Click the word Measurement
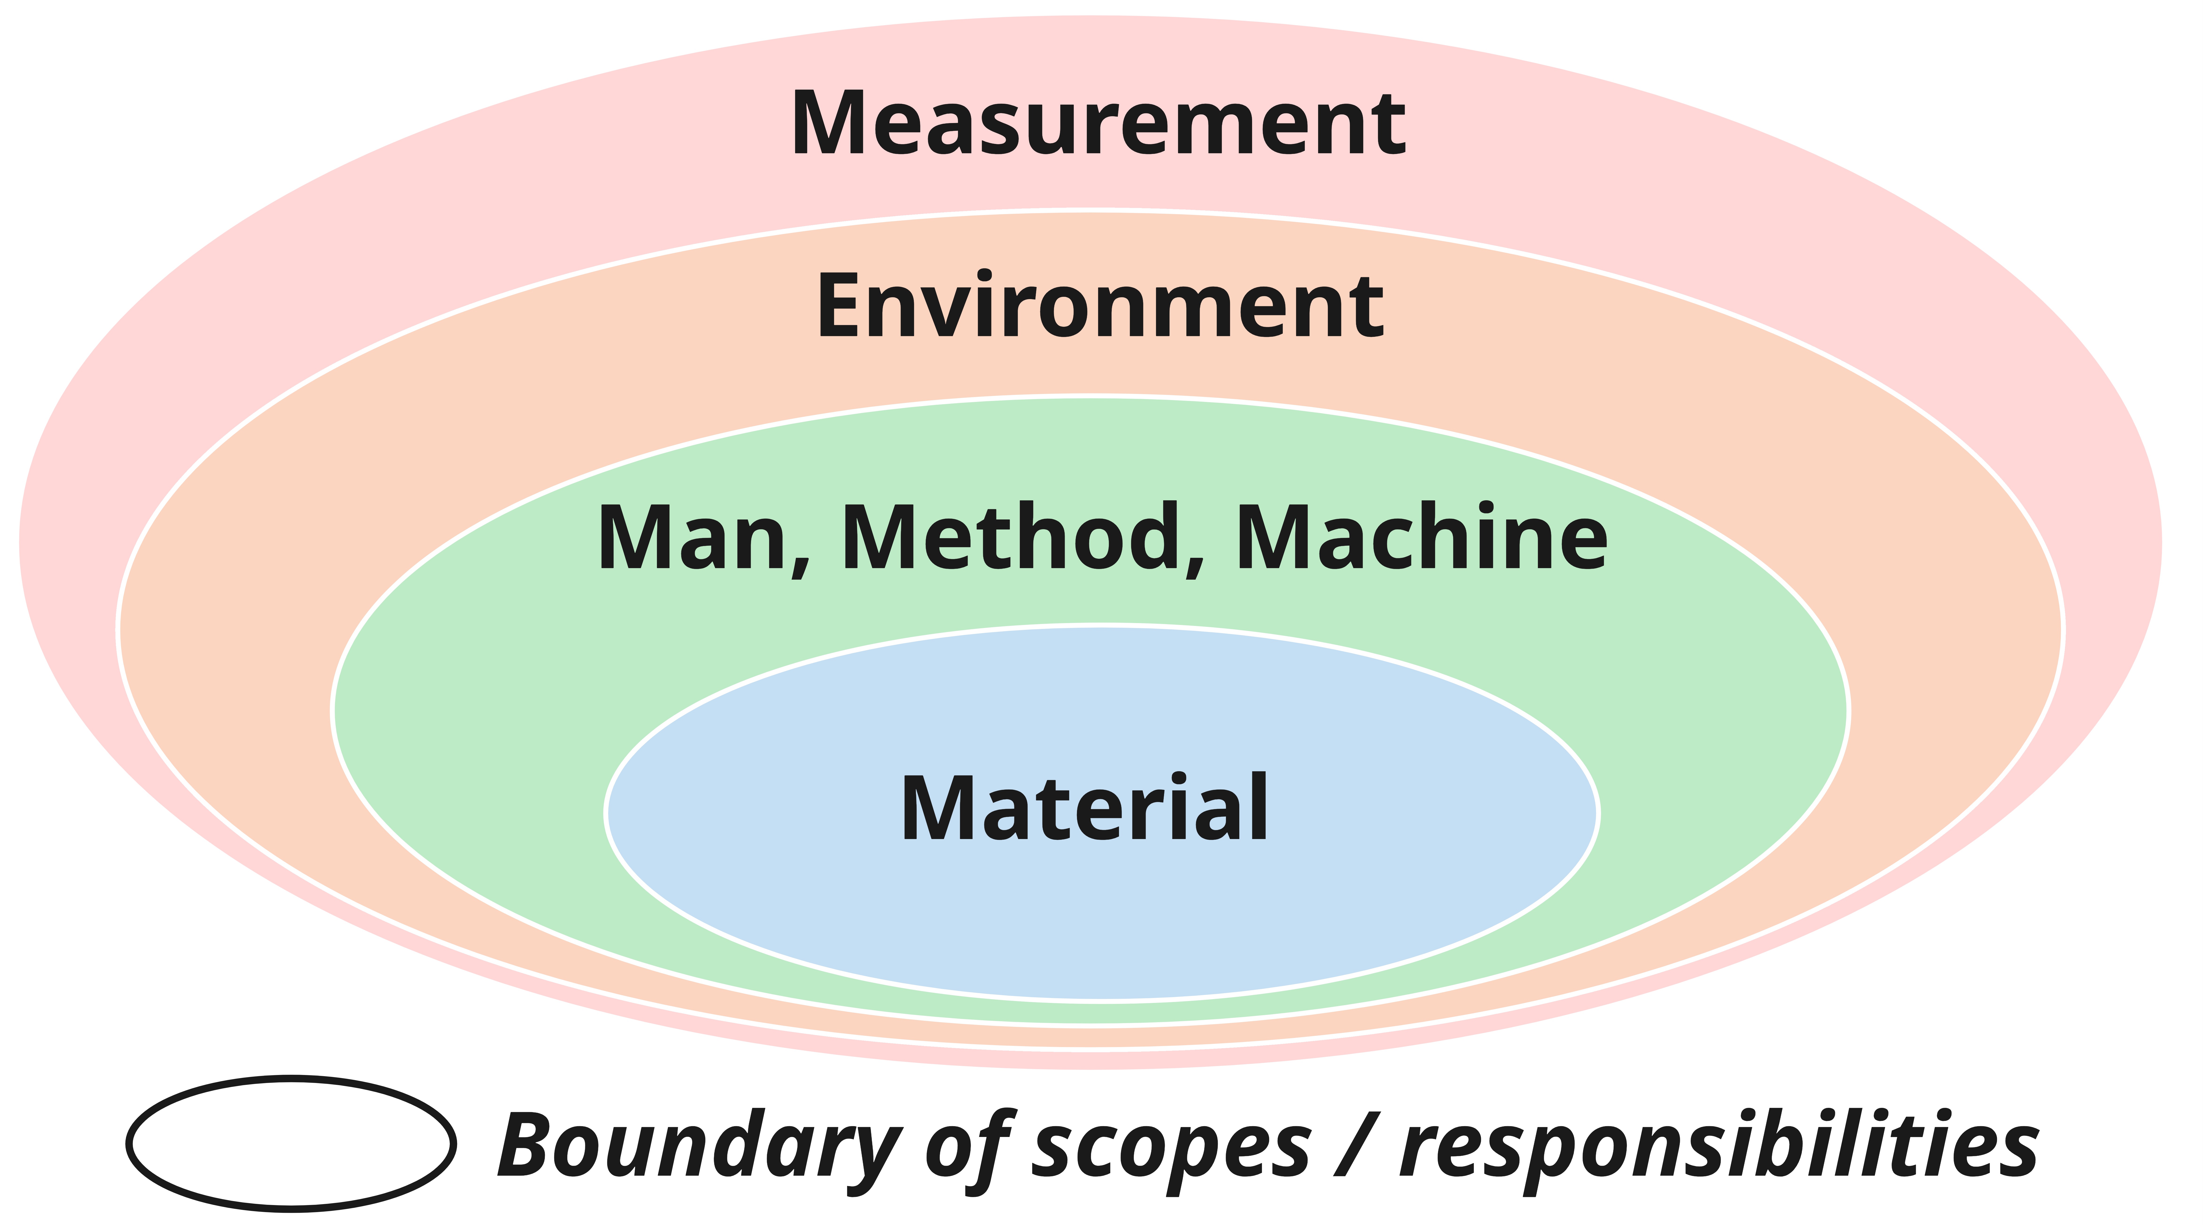pyautogui.click(x=1098, y=124)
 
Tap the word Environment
pyautogui.click(x=1100, y=306)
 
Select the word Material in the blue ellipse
pyautogui.click(x=1084, y=808)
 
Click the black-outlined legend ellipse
pyautogui.click(x=291, y=1143)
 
